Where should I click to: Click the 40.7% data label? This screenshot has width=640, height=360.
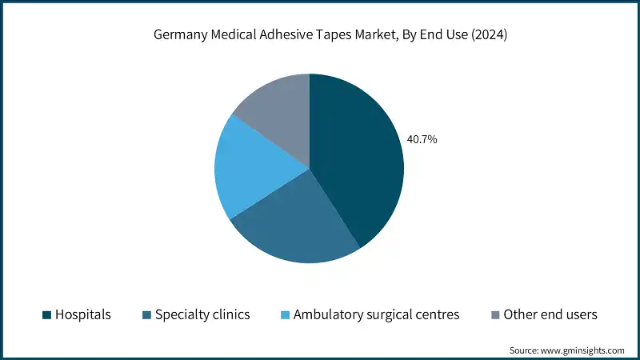(422, 139)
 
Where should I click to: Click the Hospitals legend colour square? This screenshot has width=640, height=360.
(46, 315)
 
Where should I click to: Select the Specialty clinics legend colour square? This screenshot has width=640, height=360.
(146, 315)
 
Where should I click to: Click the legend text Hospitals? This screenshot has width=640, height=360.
(82, 314)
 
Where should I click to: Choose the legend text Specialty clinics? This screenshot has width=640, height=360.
(203, 314)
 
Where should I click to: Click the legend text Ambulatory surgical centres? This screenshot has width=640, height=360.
(377, 314)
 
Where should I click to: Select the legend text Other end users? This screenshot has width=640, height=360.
(550, 314)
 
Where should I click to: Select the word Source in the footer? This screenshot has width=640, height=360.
(525, 350)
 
